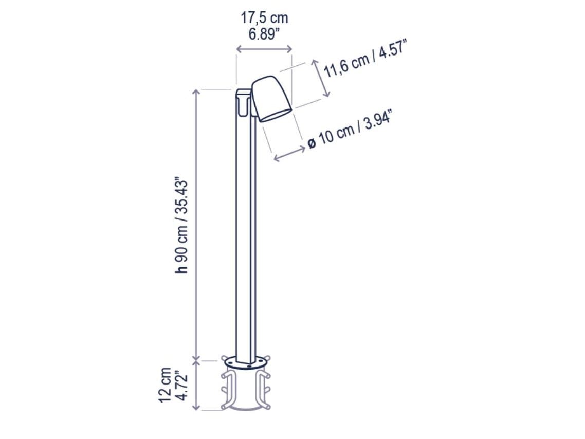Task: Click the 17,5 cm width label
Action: tap(264, 18)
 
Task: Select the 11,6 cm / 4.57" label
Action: tap(365, 61)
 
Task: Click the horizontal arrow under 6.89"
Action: tap(264, 49)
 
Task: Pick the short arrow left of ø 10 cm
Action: tap(289, 153)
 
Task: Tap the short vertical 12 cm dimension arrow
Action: tap(196, 386)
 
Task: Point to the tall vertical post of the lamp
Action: tap(246, 231)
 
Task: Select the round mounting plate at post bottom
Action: tap(246, 362)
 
